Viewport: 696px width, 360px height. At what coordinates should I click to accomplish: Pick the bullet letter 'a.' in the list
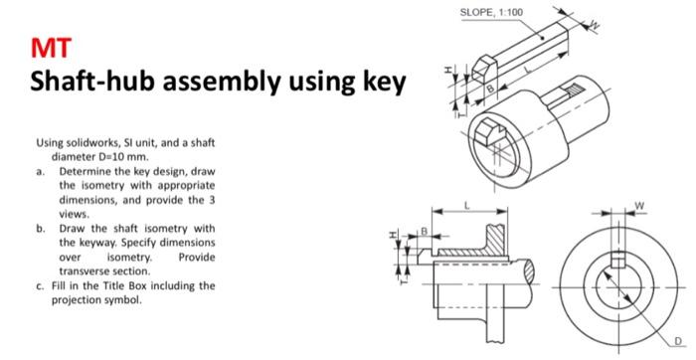pos(39,171)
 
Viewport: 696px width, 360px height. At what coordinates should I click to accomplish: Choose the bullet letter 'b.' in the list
pos(39,228)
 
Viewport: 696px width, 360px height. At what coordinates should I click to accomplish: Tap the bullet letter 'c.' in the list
pos(39,285)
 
